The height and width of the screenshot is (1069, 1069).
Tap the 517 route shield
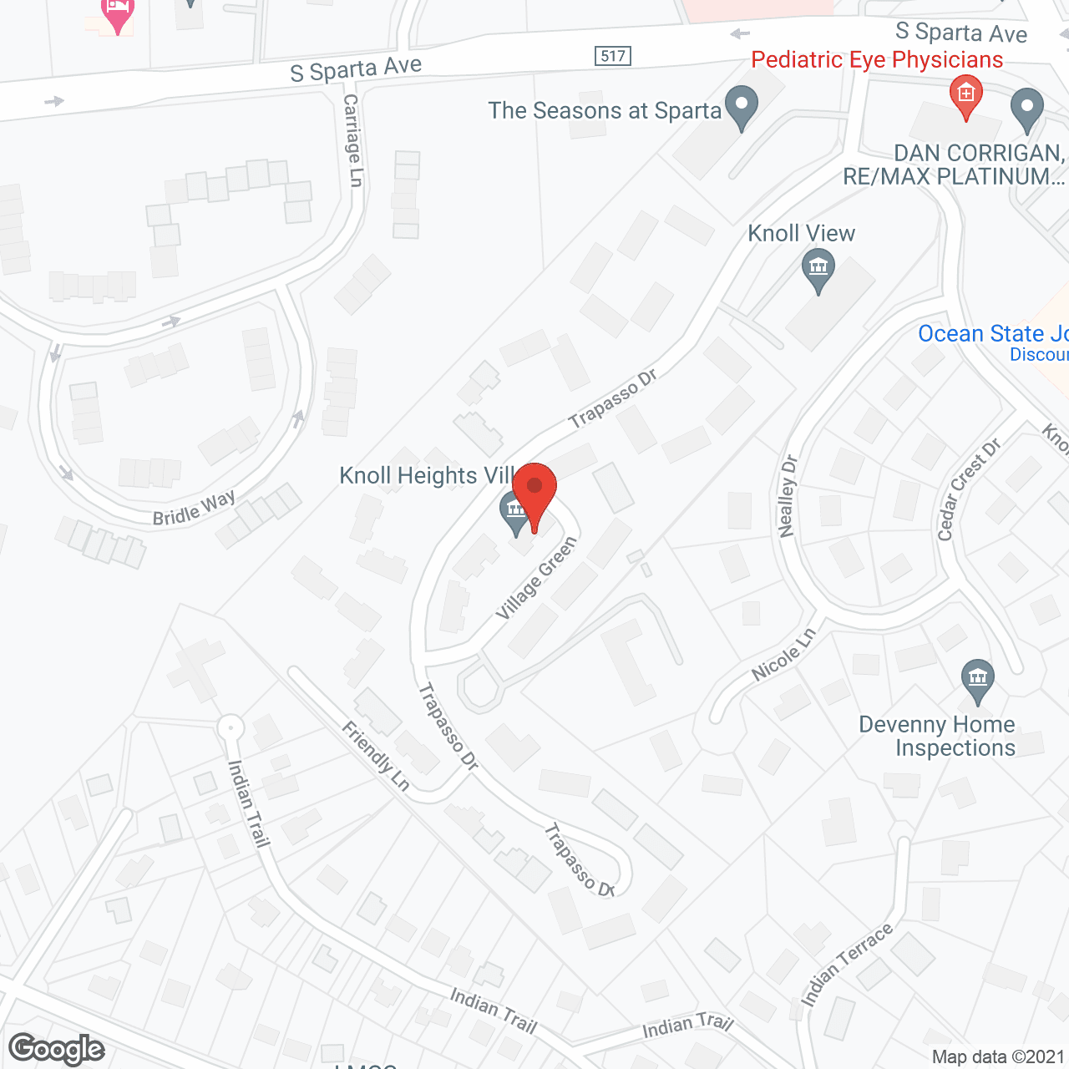click(613, 56)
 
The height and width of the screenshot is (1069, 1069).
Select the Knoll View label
click(801, 233)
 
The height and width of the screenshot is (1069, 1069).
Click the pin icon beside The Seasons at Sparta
click(741, 107)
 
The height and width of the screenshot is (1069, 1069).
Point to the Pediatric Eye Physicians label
click(877, 60)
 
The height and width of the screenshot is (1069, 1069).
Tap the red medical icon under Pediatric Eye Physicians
click(966, 96)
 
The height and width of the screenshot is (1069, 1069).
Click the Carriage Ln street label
click(353, 140)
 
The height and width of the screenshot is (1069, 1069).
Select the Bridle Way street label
click(194, 509)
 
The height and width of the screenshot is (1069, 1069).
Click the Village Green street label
click(536, 578)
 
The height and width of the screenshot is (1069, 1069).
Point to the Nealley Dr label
click(787, 496)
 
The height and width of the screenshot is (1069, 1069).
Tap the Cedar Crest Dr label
click(968, 490)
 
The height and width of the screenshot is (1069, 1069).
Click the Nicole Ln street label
click(783, 655)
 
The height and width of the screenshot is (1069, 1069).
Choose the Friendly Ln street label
click(376, 757)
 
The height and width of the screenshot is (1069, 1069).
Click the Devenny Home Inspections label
click(937, 736)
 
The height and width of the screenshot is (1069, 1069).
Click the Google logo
click(57, 1049)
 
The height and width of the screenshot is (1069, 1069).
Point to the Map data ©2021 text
click(998, 1056)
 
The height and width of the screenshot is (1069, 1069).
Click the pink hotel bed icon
click(118, 13)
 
